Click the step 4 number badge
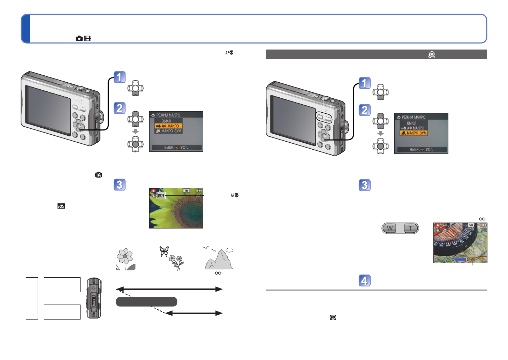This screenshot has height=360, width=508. click(364, 280)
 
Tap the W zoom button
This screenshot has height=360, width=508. click(390, 228)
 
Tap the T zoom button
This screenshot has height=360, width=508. click(410, 228)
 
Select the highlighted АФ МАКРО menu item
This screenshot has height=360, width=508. click(168, 126)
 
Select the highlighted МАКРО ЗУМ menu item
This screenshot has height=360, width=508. click(414, 133)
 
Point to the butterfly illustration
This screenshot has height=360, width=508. click(164, 251)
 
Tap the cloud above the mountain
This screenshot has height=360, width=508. click(229, 250)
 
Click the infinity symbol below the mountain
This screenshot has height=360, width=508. click(218, 273)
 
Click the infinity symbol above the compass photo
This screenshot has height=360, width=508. click(482, 219)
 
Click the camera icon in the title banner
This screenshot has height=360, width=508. click(79, 38)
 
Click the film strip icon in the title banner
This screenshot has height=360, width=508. click(88, 38)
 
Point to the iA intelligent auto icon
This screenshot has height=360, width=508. click(99, 175)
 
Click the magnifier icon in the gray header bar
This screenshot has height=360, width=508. click(432, 54)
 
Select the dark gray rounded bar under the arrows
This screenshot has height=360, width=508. click(146, 302)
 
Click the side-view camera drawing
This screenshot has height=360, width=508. click(94, 298)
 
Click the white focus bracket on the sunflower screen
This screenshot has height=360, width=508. click(161, 196)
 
